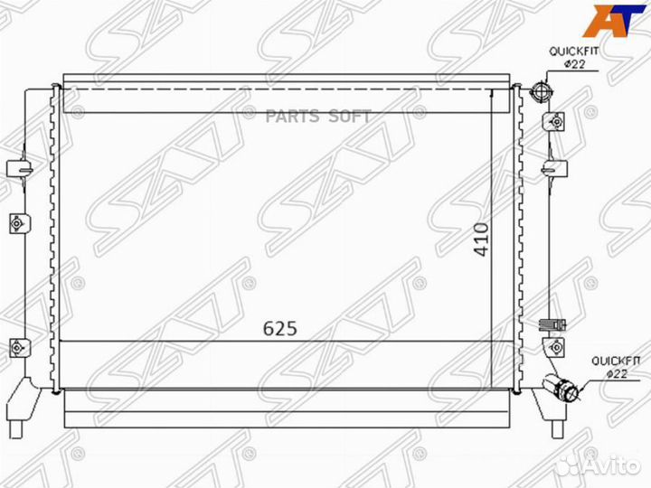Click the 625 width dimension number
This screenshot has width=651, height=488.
click(x=280, y=329)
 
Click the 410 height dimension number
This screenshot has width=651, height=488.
click(x=482, y=239)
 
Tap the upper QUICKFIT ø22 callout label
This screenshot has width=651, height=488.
click(x=574, y=58)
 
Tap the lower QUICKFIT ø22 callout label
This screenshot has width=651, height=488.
click(x=616, y=367)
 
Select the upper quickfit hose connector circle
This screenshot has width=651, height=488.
click(x=542, y=91)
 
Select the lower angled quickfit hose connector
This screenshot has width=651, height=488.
click(x=561, y=387)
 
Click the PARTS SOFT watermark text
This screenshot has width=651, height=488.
click(x=318, y=117)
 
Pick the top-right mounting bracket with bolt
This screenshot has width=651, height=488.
click(x=554, y=122)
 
